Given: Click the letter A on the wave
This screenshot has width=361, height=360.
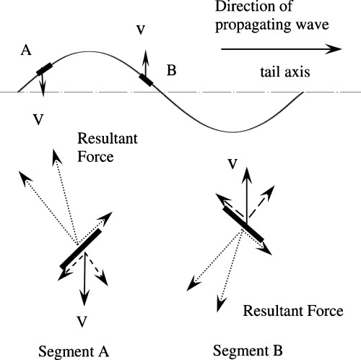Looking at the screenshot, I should point(27,50).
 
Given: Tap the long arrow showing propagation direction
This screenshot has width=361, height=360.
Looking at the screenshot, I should point(280,50).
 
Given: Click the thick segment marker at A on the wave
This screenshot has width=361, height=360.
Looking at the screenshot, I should point(45,69).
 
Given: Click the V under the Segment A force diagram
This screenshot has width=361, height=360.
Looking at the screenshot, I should point(84,319).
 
